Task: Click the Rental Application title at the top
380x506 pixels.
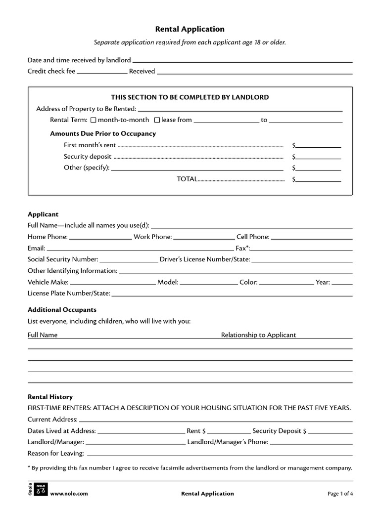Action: coord(190,30)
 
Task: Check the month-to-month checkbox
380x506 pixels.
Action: coord(93,120)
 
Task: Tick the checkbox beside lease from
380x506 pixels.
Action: coord(157,120)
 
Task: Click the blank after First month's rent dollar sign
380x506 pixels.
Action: coord(319,145)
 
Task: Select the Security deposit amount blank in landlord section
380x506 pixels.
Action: coord(319,157)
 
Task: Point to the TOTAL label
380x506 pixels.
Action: coord(187,179)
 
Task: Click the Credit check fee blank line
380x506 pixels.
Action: coord(102,71)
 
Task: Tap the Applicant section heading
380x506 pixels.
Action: coord(43,214)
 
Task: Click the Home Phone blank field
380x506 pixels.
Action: coord(100,237)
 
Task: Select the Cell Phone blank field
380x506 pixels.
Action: coord(312,237)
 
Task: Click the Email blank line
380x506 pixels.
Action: coord(140,249)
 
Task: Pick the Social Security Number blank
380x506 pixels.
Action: coord(129,259)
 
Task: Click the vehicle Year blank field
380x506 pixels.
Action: coord(342,283)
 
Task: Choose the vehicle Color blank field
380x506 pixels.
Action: coord(286,283)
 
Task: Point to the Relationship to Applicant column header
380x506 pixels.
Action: coord(258,335)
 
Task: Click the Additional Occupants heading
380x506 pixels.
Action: coord(62,310)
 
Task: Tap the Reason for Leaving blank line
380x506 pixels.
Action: coord(220,454)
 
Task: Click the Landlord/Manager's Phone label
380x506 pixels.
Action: coord(228,442)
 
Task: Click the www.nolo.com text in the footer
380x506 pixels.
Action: coord(69,494)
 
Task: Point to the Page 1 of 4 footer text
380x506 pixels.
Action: coord(340,494)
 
